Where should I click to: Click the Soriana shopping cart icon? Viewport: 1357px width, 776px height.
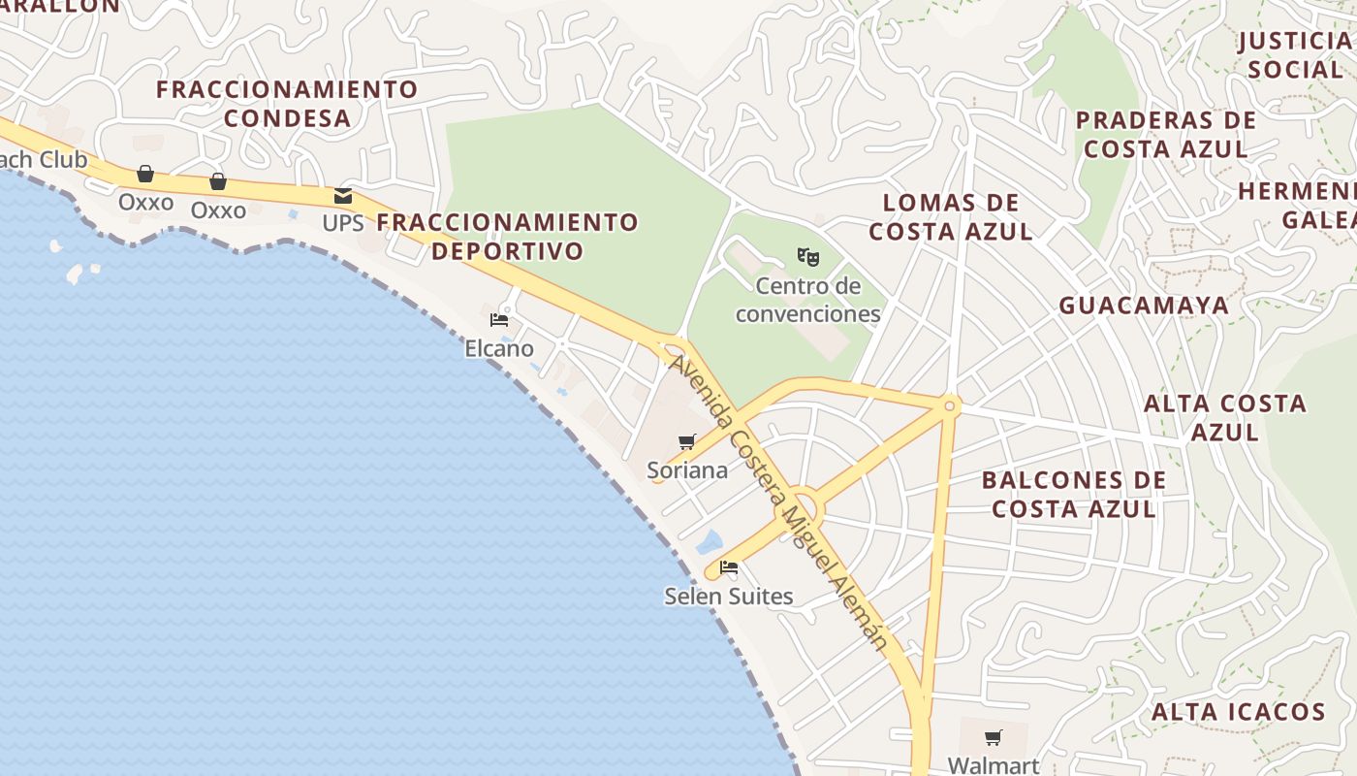687,442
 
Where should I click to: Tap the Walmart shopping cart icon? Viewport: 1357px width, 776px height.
993,738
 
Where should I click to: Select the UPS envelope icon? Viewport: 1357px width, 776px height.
343,196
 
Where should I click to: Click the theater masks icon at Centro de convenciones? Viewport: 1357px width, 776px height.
808,257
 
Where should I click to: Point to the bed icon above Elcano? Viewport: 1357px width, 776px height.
499,319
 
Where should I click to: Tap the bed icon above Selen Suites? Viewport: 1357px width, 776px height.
729,567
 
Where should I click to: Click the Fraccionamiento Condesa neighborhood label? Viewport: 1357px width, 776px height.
287,104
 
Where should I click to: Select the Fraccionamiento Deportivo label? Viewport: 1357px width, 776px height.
508,237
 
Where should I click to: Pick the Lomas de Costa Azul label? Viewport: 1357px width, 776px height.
950,217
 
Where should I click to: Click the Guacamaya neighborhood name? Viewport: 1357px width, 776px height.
1144,306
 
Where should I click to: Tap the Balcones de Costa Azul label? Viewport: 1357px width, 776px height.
1074,495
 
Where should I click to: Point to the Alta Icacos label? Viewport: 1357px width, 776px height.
1238,712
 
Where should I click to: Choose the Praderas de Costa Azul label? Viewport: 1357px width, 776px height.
1166,135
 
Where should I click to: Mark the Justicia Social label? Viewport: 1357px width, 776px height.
1296,55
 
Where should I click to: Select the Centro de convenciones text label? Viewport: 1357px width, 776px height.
807,300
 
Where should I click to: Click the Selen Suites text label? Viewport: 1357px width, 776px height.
729,596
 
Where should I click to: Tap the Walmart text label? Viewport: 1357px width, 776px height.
993,765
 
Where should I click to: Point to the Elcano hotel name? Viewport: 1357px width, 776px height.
499,348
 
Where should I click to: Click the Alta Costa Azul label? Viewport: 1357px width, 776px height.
1225,417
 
